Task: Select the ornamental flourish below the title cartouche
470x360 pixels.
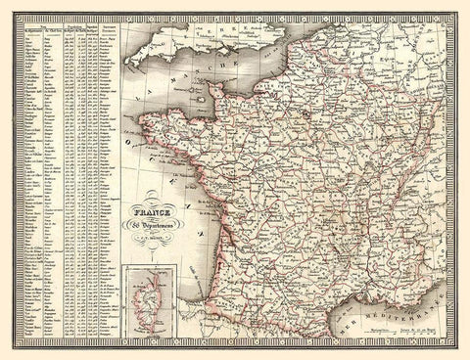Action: (155, 241)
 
